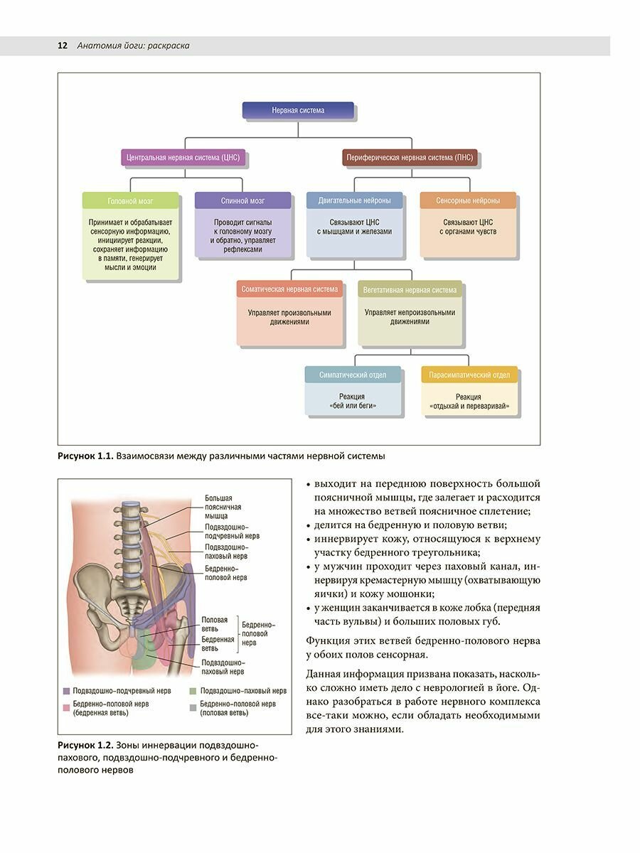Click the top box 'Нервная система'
[298, 110]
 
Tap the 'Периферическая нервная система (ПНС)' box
[410, 157]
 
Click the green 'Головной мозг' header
[130, 201]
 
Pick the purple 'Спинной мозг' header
[242, 201]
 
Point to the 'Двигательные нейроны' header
[354, 200]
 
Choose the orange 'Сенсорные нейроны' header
[467, 200]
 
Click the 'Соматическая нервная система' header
[289, 290]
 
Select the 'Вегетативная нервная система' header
[410, 290]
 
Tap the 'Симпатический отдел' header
[353, 375]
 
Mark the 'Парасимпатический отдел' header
[469, 375]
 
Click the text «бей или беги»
[353, 407]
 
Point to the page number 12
[62, 45]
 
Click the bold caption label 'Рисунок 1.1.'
[86, 456]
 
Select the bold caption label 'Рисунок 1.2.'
[86, 744]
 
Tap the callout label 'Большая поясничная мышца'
[223, 507]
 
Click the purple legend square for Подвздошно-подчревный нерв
[66, 691]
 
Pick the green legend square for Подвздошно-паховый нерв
[193, 691]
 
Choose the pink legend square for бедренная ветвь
[66, 708]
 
